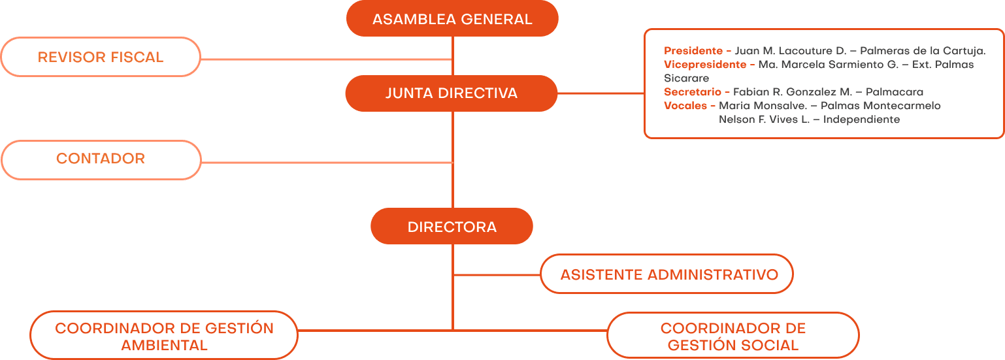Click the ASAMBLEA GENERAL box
coord(452,19)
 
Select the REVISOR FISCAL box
coord(101,57)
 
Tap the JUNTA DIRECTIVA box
coord(452,93)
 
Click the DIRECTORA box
coord(452,227)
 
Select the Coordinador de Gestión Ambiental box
coord(164,336)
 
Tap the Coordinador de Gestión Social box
coord(733,336)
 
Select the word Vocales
coord(685,106)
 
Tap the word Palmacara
coord(894,92)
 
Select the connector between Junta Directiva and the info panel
coord(601,93)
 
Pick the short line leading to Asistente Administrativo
coord(497,274)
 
